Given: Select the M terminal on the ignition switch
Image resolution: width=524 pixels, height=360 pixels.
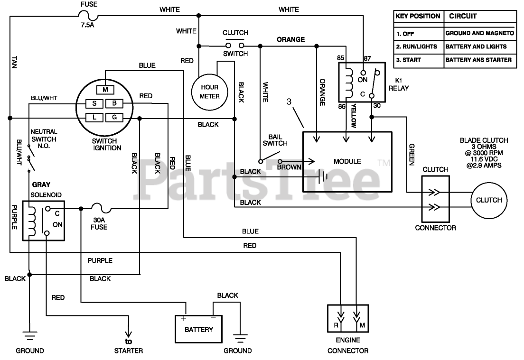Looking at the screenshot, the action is click(105, 90).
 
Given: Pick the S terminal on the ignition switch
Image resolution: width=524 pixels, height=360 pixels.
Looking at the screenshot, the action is click(94, 103).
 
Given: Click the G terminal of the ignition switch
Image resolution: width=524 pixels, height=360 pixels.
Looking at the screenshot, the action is click(114, 117).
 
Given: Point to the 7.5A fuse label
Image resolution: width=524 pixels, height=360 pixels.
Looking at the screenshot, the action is click(87, 25).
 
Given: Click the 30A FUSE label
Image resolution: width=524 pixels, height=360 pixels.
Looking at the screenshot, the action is click(99, 224).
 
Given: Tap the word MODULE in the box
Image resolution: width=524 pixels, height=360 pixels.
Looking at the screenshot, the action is click(347, 161).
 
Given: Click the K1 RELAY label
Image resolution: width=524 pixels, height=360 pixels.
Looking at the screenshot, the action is click(399, 84).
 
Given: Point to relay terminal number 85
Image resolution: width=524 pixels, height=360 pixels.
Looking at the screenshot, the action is click(340, 58).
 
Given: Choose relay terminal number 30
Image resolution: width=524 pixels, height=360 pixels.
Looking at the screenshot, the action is click(377, 105).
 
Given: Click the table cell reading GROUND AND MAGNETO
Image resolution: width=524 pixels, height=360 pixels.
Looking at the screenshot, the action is click(479, 33).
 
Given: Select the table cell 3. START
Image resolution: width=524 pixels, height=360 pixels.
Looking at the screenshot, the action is click(408, 60).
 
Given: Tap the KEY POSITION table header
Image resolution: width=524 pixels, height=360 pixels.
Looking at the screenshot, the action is click(418, 16).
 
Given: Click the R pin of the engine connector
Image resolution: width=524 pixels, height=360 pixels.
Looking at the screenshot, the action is click(336, 325).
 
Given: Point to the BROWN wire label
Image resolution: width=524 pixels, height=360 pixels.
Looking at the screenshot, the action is click(289, 167).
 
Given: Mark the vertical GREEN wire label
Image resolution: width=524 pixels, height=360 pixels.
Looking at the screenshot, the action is click(412, 155).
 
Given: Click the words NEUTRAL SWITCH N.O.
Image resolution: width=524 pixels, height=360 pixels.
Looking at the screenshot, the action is click(44, 138).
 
